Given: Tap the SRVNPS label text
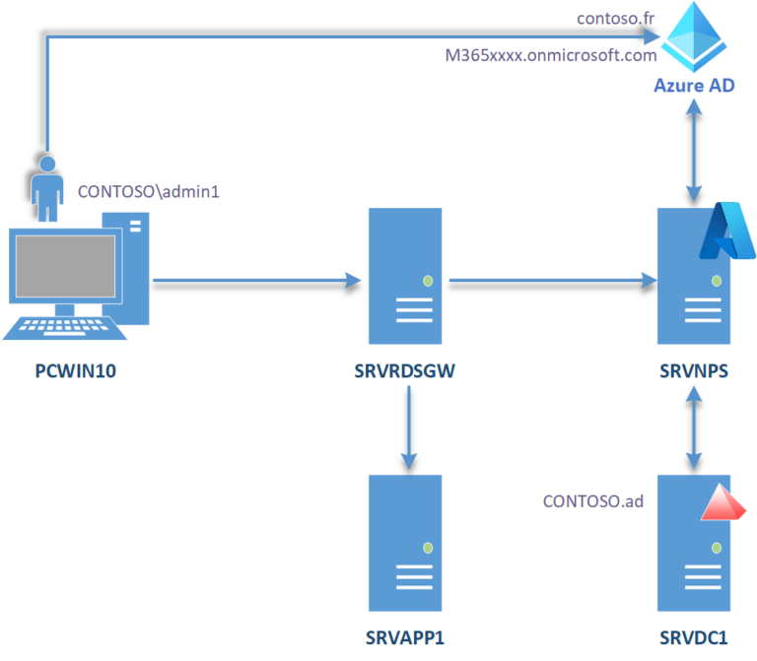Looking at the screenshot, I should point(695,372).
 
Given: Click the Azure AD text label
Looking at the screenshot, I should point(695,87).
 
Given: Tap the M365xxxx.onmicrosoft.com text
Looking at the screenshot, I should point(551,55).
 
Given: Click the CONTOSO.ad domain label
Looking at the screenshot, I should point(593,501).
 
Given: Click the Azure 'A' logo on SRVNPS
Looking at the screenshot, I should point(725,231).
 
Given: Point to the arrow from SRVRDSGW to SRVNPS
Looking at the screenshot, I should point(552,284).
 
